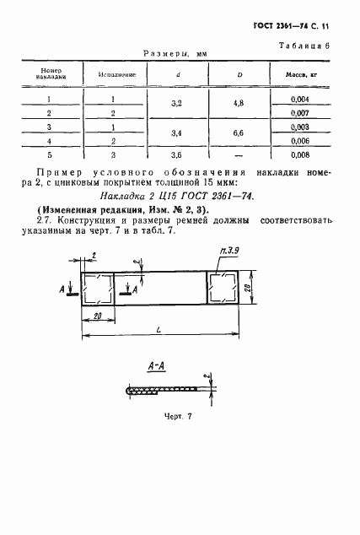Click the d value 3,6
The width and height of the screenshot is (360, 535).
pyautogui.click(x=179, y=155)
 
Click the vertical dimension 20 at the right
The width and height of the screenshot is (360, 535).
pyautogui.click(x=250, y=289)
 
